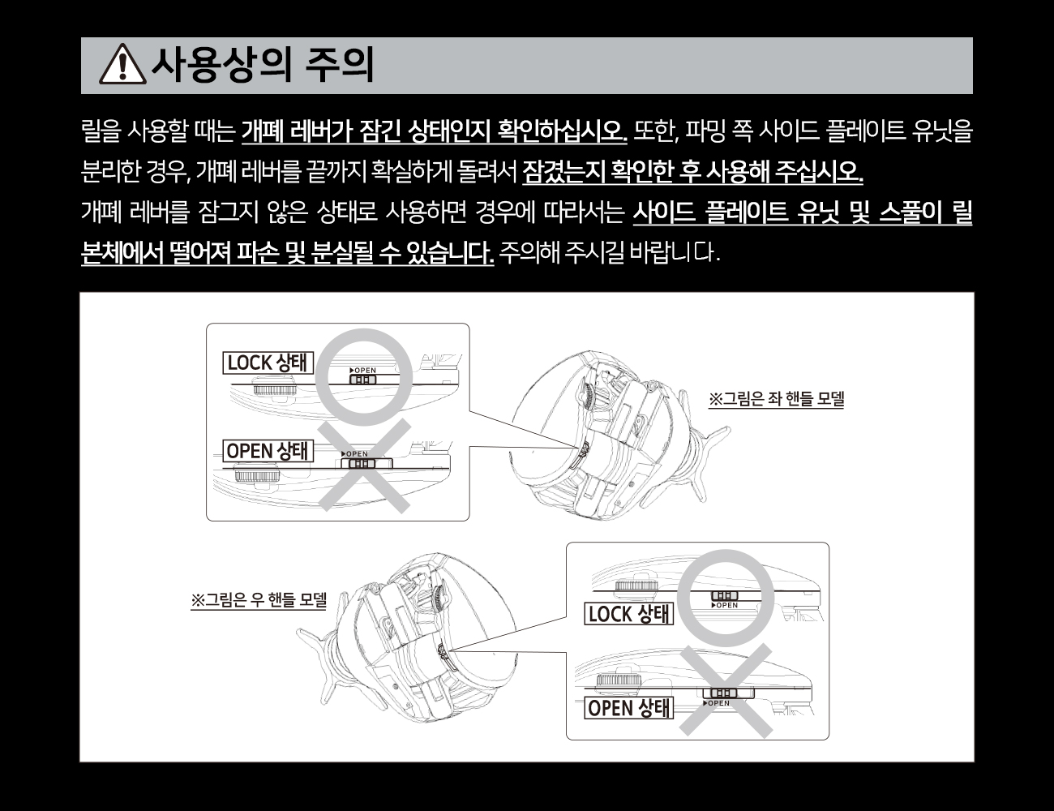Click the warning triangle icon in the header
point(122,64)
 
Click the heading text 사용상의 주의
point(263,65)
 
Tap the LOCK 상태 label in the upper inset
point(268,363)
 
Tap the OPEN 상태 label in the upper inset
point(268,451)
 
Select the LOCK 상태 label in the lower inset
point(629,614)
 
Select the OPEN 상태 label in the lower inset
point(629,708)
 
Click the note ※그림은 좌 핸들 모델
point(776,399)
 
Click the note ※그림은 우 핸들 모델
point(258,600)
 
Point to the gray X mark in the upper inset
point(364,466)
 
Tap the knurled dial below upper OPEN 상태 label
point(257,474)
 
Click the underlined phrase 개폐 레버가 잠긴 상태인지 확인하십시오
point(434,131)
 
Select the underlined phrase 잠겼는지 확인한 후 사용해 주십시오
point(692,172)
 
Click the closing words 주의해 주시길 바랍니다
point(609,253)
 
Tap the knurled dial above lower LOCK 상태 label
point(636,585)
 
